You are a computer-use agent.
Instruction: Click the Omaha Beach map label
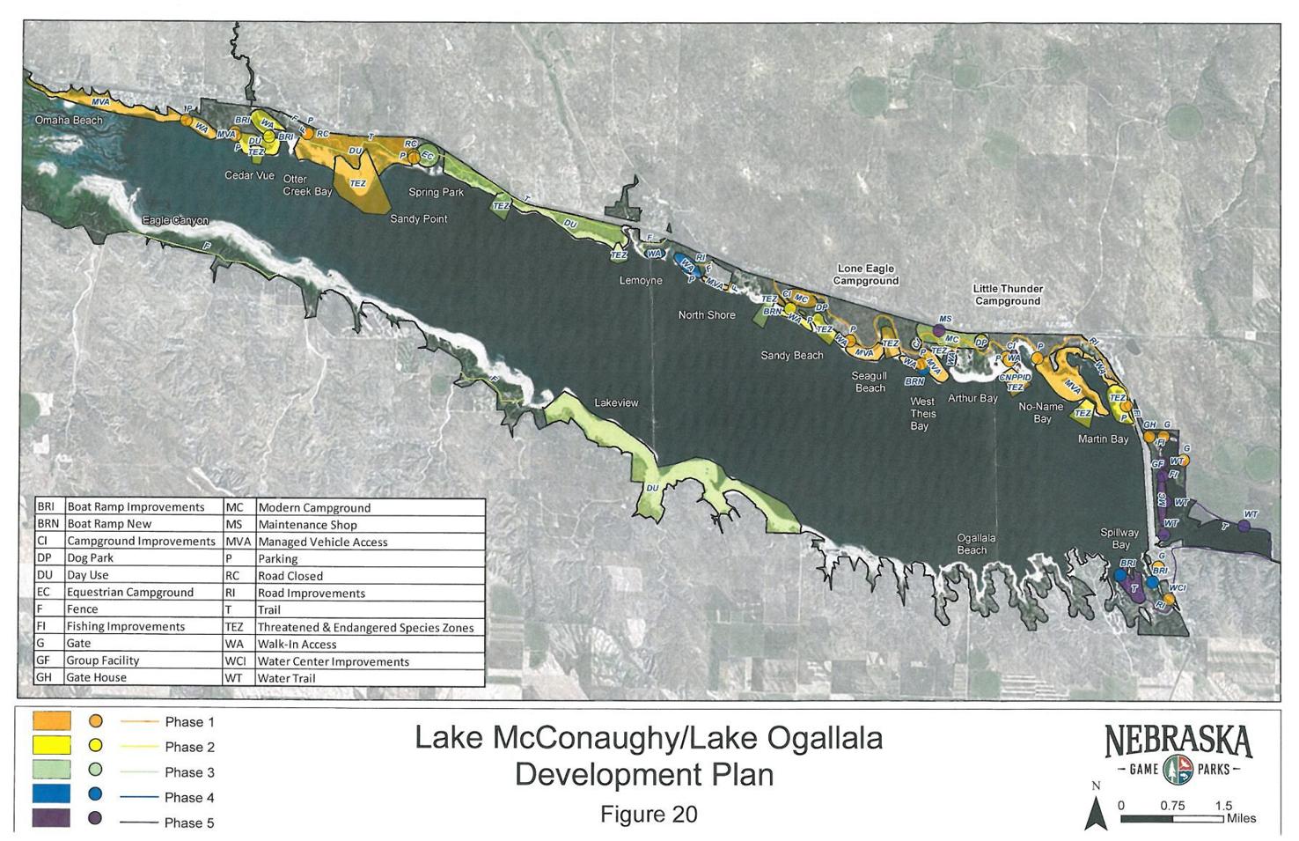(69, 120)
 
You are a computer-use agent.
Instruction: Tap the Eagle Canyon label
(175, 221)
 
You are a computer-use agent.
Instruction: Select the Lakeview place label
(616, 402)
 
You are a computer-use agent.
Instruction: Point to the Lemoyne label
(641, 281)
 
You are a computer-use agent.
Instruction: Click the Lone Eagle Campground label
(867, 275)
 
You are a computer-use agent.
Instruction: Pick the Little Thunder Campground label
(1008, 295)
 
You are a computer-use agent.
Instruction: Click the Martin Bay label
(1103, 439)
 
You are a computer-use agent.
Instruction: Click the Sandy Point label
(418, 218)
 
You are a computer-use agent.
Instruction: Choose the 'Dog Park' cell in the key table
(90, 558)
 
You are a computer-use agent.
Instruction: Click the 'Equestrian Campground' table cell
(129, 592)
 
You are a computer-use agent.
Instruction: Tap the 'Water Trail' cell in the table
(286, 678)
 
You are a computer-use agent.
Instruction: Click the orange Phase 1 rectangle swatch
(51, 720)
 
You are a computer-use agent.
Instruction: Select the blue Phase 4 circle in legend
(95, 794)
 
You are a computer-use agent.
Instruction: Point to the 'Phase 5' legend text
(189, 823)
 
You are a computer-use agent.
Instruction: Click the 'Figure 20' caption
(649, 815)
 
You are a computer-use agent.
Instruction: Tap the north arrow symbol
(1096, 812)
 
